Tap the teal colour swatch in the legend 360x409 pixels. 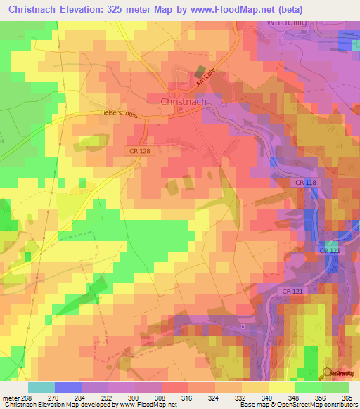[x=41, y=387]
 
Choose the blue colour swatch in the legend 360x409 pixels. [x=68, y=387]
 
